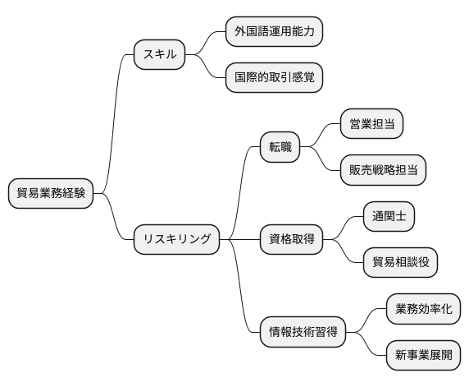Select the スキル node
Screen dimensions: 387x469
click(x=160, y=55)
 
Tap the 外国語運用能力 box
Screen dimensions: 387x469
click(x=274, y=33)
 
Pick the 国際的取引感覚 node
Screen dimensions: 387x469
click(x=274, y=78)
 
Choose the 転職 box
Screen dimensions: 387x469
click(x=280, y=148)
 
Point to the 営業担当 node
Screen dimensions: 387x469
click(x=371, y=125)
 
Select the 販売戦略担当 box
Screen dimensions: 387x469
click(x=382, y=170)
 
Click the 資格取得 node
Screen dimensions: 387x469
click(x=291, y=239)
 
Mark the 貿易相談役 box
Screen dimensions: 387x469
click(x=399, y=262)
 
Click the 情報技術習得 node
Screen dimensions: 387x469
click(x=303, y=332)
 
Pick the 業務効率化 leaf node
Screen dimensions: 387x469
click(x=422, y=309)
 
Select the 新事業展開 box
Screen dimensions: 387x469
click(x=422, y=355)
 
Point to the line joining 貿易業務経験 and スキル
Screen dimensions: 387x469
click(x=116, y=123)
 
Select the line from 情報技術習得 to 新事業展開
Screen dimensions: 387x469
click(x=368, y=346)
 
